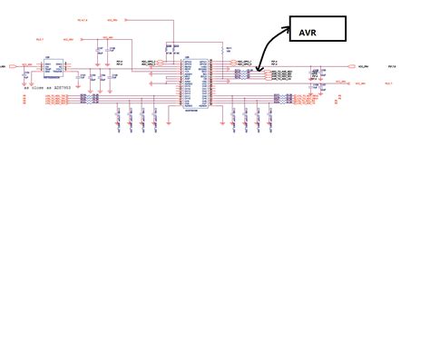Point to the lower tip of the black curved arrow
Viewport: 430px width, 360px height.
259,70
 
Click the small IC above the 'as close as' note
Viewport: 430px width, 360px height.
52,68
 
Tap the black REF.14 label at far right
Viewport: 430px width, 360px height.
392,66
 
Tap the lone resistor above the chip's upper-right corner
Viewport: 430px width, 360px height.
227,50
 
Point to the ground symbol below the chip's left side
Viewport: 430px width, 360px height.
169,118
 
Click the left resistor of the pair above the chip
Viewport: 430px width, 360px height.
169,48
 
